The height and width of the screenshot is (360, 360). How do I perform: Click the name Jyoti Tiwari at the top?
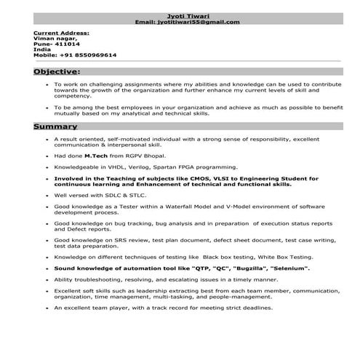188,16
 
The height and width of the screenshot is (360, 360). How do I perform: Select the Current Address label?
61,33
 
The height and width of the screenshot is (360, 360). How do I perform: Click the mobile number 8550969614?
93,55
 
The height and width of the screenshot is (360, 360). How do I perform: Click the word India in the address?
41,49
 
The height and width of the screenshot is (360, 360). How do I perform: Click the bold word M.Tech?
96,156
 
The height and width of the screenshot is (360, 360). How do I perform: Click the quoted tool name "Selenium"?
287,268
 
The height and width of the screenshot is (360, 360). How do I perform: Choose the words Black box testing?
231,257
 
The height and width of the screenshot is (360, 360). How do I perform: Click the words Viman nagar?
50,39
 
